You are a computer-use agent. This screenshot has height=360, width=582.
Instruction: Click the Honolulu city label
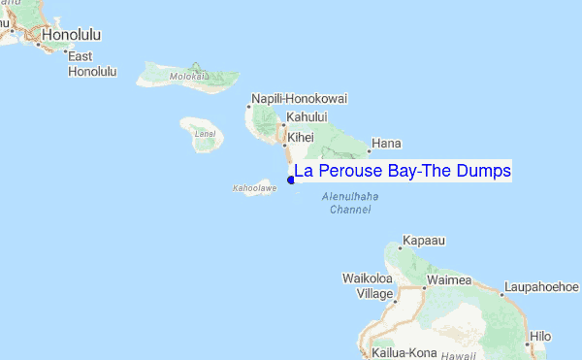point(70,36)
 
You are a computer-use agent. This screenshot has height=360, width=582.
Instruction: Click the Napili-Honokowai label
point(299,99)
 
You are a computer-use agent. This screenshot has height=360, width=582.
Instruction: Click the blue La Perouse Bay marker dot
point(291,178)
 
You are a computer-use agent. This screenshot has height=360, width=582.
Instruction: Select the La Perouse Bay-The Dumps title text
point(403,172)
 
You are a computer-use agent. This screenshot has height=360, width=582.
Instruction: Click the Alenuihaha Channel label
point(349,203)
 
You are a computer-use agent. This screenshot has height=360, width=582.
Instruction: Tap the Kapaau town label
point(423,238)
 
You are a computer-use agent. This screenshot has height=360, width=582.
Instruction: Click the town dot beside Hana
point(369,151)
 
